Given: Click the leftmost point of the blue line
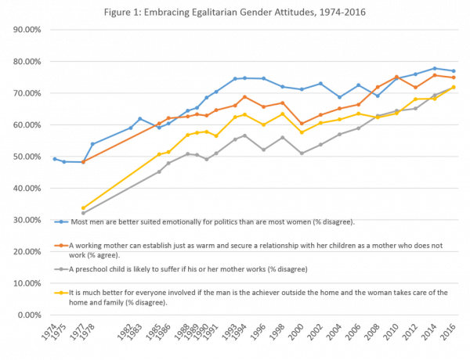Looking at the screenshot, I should (x=53, y=158).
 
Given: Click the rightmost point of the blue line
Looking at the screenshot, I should (x=455, y=70).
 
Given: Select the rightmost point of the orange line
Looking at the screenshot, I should (x=455, y=77).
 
